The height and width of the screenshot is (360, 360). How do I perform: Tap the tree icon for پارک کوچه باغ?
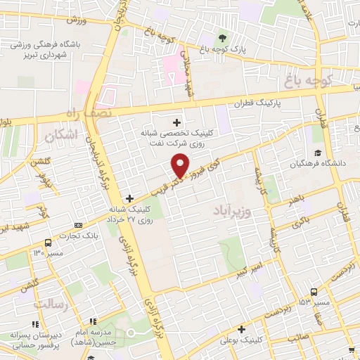(x=223, y=39)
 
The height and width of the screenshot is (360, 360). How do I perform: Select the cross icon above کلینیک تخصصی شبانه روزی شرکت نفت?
(x=176, y=122)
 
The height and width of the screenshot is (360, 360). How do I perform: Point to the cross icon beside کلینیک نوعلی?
(x=242, y=329)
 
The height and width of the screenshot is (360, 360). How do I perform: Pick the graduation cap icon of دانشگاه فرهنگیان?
(x=317, y=153)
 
